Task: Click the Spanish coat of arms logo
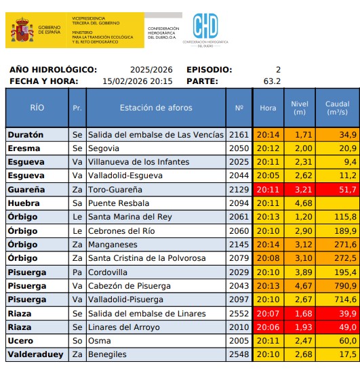pos(20,31)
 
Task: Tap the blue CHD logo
pos(205,28)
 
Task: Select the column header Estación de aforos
pos(155,108)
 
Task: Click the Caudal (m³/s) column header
pos(337,108)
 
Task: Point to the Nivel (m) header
pos(299,108)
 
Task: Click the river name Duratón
pos(25,135)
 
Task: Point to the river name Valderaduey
pos(35,354)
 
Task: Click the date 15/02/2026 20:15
pos(137,81)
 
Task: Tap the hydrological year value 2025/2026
pos(151,70)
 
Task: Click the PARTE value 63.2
pos(272,81)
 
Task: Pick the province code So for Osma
pos(77,341)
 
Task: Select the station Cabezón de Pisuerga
pos(131,286)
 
